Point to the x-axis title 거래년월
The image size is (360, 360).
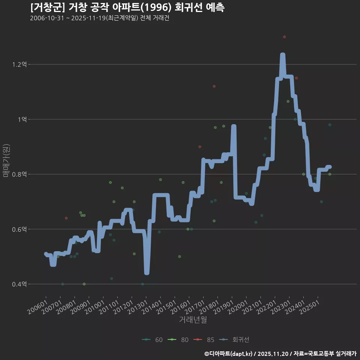coord(193,320)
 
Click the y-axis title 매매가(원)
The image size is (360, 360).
coord(6,161)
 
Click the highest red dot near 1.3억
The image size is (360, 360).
coord(284,37)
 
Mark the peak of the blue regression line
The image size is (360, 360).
coord(283,55)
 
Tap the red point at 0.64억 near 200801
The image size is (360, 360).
coord(66,218)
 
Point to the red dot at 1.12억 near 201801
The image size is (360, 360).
coord(214,86)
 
